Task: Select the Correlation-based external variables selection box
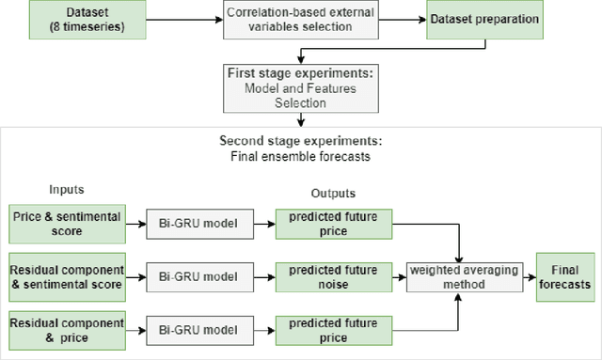click(300, 20)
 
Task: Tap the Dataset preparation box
click(484, 20)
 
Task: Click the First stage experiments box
click(300, 87)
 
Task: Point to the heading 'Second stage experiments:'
click(300, 141)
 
